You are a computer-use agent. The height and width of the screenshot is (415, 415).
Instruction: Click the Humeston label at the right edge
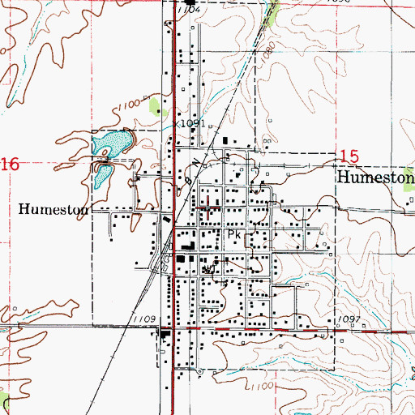click(x=375, y=178)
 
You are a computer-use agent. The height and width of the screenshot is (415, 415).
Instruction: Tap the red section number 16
click(x=9, y=165)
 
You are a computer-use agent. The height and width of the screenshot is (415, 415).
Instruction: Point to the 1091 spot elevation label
click(x=192, y=123)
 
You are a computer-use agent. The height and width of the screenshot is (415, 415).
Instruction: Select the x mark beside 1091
click(x=180, y=125)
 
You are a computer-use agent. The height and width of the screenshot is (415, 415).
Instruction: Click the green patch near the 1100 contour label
click(x=156, y=105)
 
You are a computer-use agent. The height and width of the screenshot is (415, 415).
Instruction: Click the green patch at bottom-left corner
click(x=4, y=403)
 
